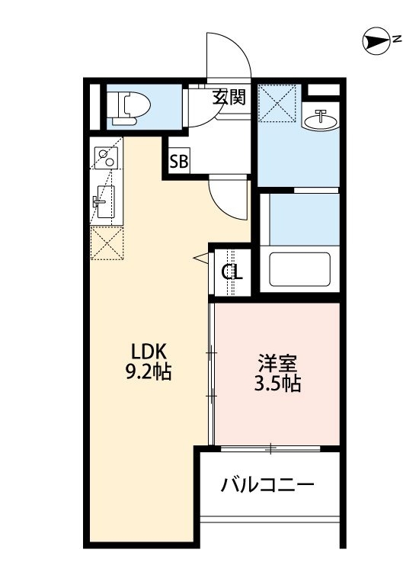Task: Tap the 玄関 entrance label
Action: [229, 97]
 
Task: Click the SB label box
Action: [179, 162]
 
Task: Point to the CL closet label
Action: [232, 272]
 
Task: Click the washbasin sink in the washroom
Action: [321, 119]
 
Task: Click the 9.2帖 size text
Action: [149, 373]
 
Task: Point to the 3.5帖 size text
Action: [277, 384]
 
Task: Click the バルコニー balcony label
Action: [268, 484]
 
